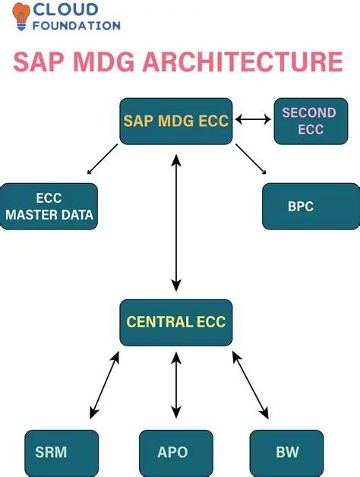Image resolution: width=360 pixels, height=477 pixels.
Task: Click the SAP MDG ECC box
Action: pos(175,121)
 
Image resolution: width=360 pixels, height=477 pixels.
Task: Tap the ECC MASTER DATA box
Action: pos(49,207)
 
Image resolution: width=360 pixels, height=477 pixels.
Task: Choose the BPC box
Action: pos(311,207)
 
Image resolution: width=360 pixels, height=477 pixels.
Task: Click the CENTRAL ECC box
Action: pos(175,322)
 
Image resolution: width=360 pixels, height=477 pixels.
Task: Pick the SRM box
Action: pos(62,453)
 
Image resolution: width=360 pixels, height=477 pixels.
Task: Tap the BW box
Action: pos(288,453)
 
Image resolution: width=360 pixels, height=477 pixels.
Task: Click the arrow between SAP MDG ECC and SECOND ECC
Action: pos(253,119)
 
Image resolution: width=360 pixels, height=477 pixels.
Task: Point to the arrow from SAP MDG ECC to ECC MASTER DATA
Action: pos(103,159)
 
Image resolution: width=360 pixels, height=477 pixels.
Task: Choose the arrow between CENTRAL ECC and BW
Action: pos(250,386)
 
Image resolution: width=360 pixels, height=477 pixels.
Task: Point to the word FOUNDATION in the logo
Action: pos(76,26)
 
